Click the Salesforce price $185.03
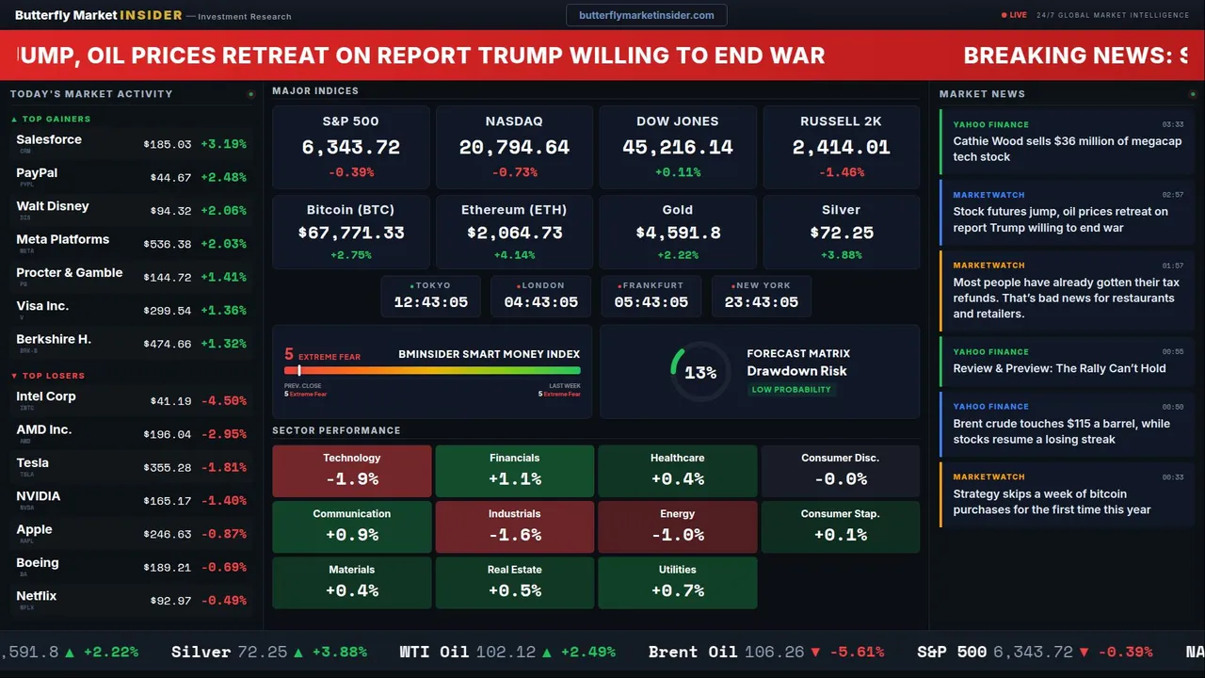[168, 145]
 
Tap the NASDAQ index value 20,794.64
[514, 148]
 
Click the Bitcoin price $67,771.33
[351, 233]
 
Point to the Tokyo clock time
[430, 302]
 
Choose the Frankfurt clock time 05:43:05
[651, 302]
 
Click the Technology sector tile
[351, 471]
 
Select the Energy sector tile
[677, 526]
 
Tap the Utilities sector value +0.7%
[677, 591]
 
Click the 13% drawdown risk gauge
[699, 373]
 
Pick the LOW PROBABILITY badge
[791, 390]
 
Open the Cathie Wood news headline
[1067, 149]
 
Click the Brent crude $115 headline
[1061, 431]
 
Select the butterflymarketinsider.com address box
[646, 15]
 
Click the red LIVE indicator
[1014, 15]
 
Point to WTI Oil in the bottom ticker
[434, 652]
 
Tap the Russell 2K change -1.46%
[841, 173]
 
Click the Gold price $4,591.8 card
[677, 233]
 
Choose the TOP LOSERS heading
[53, 376]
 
